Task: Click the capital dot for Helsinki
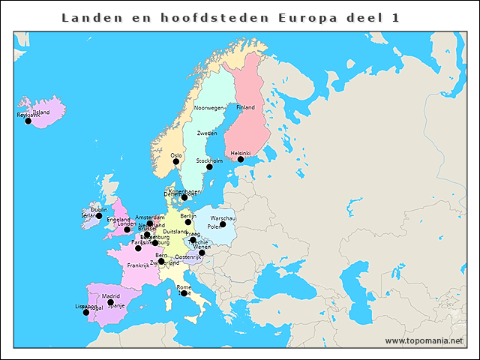click(241, 159)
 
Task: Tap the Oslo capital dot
click(176, 161)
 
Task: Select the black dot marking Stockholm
click(209, 166)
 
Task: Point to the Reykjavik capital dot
click(28, 121)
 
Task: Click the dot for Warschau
click(223, 224)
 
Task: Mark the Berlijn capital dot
click(188, 222)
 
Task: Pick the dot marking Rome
click(184, 293)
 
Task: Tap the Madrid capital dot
click(110, 302)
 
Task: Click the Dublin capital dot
click(99, 216)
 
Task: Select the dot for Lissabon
click(86, 312)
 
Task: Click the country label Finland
click(245, 107)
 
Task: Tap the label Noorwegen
click(209, 108)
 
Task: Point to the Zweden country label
click(207, 133)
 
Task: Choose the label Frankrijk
click(139, 265)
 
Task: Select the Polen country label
click(214, 226)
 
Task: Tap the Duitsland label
click(175, 232)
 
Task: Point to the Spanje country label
click(116, 305)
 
